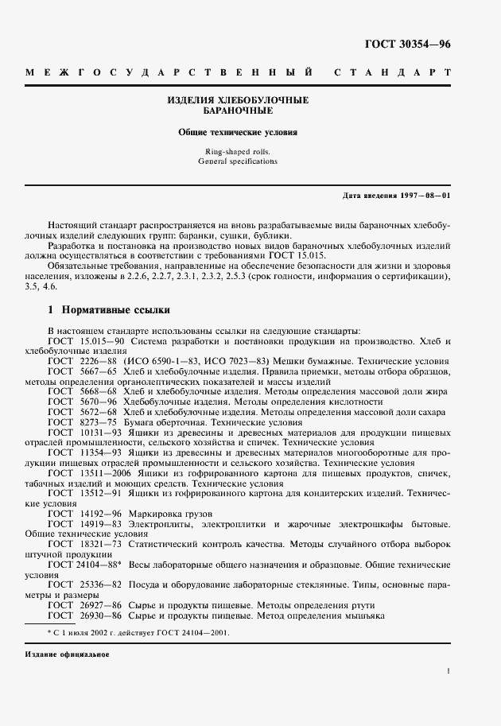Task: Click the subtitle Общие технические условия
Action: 238,133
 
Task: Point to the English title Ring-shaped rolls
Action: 238,151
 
